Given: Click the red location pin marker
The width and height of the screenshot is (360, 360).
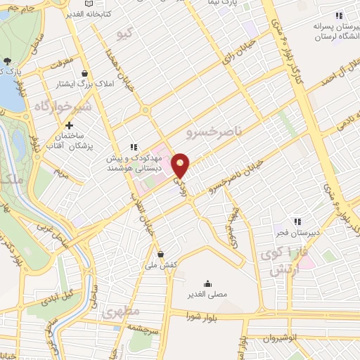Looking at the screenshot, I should tap(181, 165).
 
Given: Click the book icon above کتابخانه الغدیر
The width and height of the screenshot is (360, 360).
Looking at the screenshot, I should tap(89, 4).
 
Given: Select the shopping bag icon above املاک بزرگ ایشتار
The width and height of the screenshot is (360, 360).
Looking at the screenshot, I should tap(85, 73).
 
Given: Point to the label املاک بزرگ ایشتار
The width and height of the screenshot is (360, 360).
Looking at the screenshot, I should tap(78, 84).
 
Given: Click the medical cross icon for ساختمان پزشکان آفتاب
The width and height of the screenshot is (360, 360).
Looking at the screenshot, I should tap(68, 124).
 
